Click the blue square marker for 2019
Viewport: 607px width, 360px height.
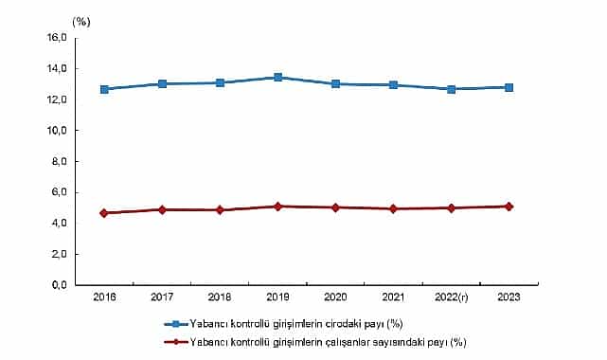coord(277,77)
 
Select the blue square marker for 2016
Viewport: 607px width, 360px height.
coord(104,89)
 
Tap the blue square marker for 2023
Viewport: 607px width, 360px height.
coord(509,87)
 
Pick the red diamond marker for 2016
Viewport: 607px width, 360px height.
coord(104,213)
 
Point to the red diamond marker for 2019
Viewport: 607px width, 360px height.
coord(277,206)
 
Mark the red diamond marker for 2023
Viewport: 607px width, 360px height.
coord(509,206)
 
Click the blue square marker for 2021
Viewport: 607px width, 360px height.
coord(393,85)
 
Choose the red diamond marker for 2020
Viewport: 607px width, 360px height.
coord(335,207)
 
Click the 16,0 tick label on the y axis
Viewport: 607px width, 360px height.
coord(56,38)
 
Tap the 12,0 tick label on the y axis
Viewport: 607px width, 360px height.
coord(56,99)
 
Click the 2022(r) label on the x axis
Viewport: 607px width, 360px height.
coord(451,297)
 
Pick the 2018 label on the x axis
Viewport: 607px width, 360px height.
coord(220,297)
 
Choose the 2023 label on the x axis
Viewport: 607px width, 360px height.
coord(509,297)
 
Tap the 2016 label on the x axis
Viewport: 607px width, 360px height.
coord(104,297)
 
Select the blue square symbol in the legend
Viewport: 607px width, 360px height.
coord(174,325)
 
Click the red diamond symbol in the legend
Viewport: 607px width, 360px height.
coord(174,341)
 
